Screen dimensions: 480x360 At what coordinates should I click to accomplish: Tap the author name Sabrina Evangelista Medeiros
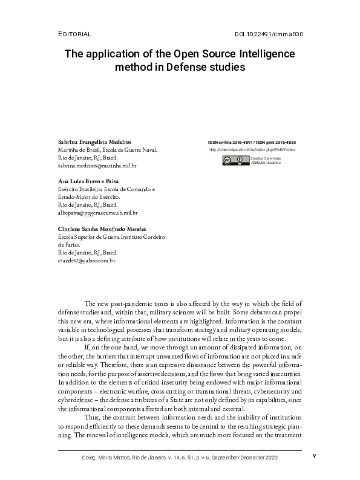[94, 141]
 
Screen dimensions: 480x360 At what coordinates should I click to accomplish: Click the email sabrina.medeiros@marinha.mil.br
[97, 165]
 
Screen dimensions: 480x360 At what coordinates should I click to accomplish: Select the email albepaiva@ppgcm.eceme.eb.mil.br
[97, 213]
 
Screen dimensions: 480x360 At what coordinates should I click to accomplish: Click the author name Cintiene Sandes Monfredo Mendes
[102, 229]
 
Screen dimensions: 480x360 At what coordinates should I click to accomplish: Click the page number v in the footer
[314, 456]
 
